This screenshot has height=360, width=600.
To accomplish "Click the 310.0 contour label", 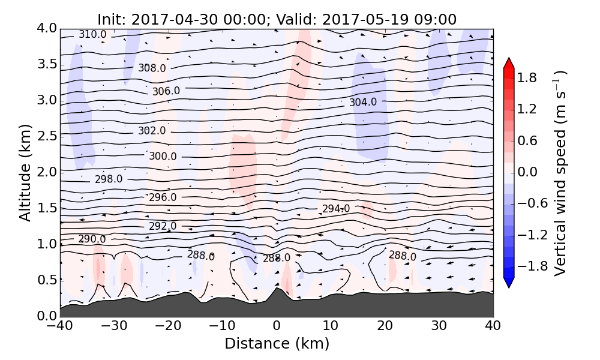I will click(x=92, y=35).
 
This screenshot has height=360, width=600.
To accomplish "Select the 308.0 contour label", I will click(x=152, y=68).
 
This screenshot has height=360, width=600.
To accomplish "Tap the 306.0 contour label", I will click(x=166, y=91).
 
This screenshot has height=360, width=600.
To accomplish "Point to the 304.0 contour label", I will click(x=363, y=102).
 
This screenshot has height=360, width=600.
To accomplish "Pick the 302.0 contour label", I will click(x=151, y=131).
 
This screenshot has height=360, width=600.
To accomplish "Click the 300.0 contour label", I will click(x=163, y=157).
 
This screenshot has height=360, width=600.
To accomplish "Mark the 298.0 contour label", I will click(x=109, y=179).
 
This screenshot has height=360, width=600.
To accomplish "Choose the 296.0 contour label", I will click(x=163, y=197).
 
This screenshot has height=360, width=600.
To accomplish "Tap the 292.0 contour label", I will click(x=163, y=226).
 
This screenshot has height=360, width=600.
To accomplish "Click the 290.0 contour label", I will click(x=92, y=239).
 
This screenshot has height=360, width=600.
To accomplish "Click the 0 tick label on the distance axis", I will click(x=277, y=326).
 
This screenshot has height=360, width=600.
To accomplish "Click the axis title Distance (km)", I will click(x=277, y=344).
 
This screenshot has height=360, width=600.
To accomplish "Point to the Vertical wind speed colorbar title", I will click(x=560, y=173).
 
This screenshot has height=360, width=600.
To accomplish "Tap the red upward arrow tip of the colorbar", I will click(x=509, y=59).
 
